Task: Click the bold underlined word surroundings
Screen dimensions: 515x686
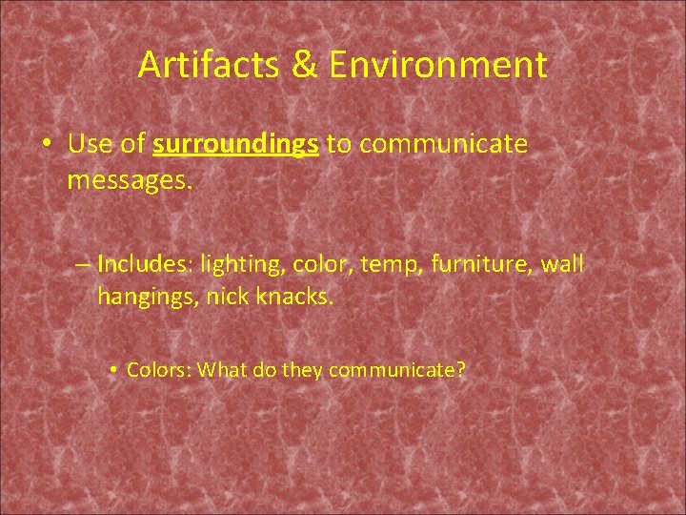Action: [x=235, y=144]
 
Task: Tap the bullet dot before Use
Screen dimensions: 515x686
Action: [x=47, y=145]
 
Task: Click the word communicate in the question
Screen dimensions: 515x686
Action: [x=396, y=369]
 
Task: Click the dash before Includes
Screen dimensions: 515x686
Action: [x=82, y=263]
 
